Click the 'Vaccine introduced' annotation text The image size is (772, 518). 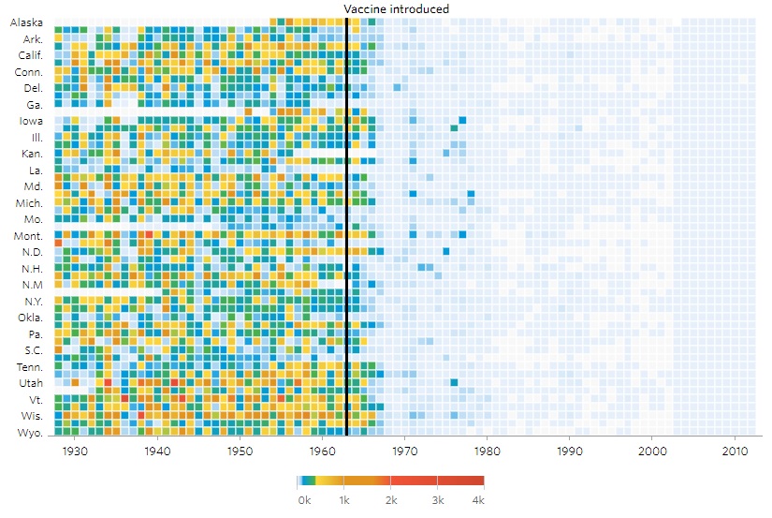(x=397, y=8)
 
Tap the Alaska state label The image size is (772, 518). (x=26, y=22)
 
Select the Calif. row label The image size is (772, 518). (x=30, y=55)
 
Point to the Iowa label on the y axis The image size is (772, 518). (x=30, y=121)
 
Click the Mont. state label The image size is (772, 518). (x=28, y=235)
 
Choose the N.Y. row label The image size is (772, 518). (x=31, y=301)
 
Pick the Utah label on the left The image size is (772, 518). (x=30, y=383)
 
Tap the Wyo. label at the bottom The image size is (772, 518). (x=29, y=432)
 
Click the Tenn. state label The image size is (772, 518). (x=28, y=367)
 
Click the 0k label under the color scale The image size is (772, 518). (x=304, y=501)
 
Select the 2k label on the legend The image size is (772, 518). (x=390, y=501)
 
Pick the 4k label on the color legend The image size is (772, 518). (x=478, y=501)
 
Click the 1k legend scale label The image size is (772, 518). (x=344, y=501)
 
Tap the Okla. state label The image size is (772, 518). (x=29, y=318)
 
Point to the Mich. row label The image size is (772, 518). (x=29, y=202)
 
